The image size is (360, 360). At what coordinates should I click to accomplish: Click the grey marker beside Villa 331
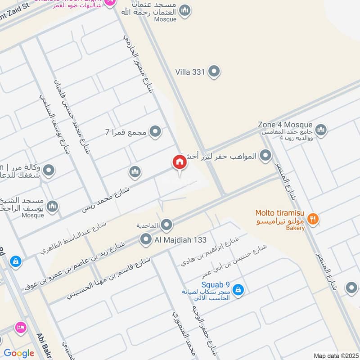click(x=214, y=71)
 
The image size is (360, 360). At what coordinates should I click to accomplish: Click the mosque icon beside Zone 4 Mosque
click(x=321, y=130)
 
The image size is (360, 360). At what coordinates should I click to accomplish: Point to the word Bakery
click(x=295, y=228)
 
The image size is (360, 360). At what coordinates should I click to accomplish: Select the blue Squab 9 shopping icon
click(x=238, y=290)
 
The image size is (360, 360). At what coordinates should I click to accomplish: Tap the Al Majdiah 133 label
click(x=180, y=240)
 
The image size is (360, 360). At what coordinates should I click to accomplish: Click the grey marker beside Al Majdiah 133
click(x=146, y=239)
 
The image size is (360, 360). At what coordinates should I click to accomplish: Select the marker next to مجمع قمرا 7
click(x=155, y=132)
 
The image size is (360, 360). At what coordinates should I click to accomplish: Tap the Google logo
click(x=18, y=353)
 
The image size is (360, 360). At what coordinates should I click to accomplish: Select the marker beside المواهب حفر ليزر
click(x=266, y=156)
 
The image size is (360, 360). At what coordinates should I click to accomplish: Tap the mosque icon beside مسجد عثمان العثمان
click(x=184, y=10)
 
